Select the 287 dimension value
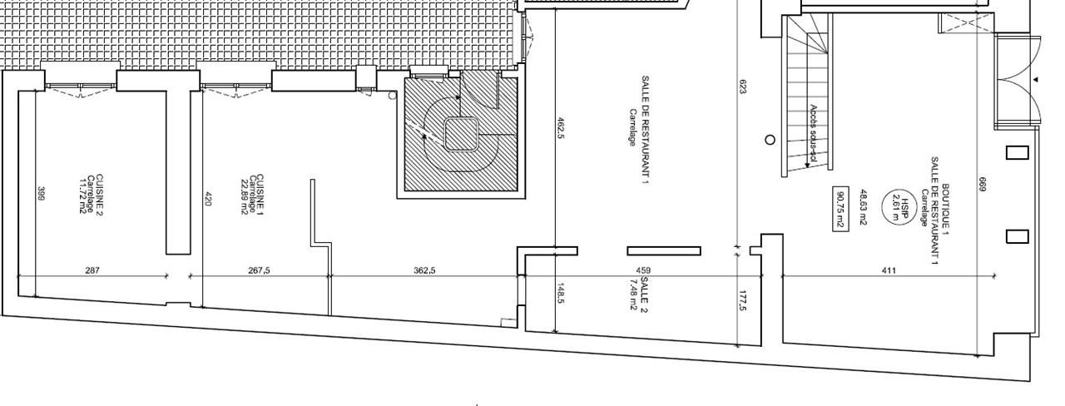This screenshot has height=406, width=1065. [x=93, y=270]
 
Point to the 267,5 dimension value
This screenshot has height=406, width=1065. [x=260, y=270]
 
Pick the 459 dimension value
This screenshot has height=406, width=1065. [x=643, y=270]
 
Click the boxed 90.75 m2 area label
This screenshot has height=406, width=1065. [x=840, y=208]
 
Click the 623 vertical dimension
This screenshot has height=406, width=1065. [x=742, y=86]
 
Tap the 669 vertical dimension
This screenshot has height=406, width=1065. [x=981, y=188]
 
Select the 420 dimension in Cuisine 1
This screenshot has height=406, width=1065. [x=208, y=200]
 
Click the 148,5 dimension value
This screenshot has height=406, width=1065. [x=561, y=295]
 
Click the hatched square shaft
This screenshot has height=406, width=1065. [x=462, y=134]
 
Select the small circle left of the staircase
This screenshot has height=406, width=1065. [x=770, y=140]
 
